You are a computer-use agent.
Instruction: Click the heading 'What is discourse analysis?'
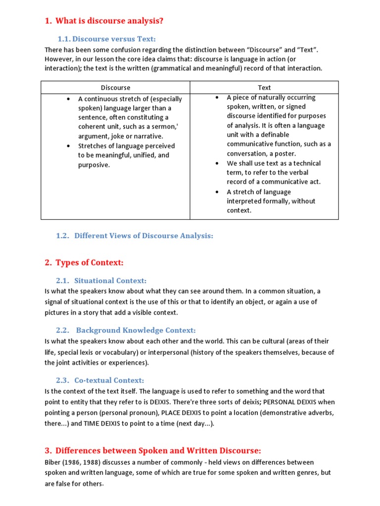click(109, 21)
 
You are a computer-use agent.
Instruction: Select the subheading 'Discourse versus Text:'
click(114, 39)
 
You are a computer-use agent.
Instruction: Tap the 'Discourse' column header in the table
click(115, 87)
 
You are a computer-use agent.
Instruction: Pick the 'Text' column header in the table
click(264, 87)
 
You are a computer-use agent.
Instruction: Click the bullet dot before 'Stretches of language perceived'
click(68, 146)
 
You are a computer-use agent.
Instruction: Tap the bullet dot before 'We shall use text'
click(217, 163)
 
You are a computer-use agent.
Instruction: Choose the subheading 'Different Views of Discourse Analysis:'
click(143, 236)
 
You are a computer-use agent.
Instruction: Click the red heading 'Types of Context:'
click(89, 262)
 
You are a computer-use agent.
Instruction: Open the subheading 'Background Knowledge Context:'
click(136, 331)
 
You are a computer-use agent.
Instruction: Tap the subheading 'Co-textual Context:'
click(109, 380)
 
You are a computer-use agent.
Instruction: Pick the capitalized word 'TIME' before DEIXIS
click(93, 424)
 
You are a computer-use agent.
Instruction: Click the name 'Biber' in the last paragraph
click(53, 463)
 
